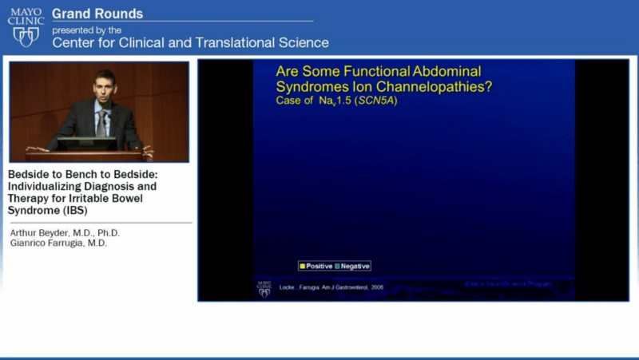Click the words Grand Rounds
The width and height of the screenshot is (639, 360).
point(97,14)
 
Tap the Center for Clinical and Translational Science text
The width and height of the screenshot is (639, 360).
point(190,42)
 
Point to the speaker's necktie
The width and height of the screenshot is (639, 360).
point(102,120)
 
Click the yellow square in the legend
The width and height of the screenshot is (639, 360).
point(302,266)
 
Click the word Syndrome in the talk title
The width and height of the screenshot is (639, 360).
point(34,211)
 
